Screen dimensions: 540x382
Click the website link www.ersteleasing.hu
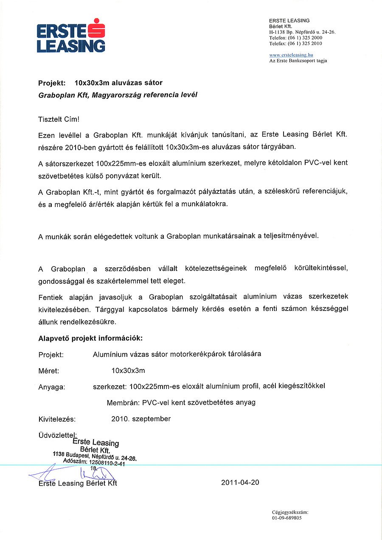click(x=291, y=55)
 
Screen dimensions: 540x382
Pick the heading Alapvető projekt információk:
click(x=90, y=339)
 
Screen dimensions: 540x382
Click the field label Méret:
click(x=48, y=371)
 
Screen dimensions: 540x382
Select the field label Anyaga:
click(x=51, y=387)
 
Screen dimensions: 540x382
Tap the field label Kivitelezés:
click(x=56, y=419)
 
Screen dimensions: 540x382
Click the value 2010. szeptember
click(x=141, y=419)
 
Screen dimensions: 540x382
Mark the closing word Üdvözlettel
click(x=57, y=435)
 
